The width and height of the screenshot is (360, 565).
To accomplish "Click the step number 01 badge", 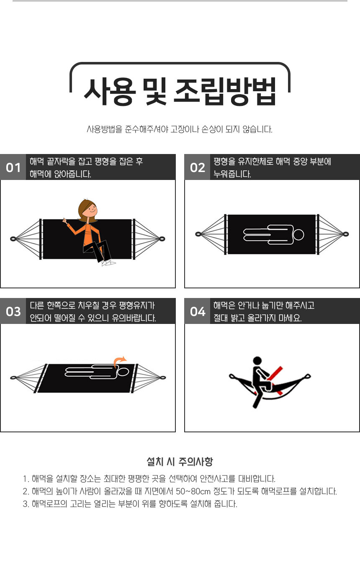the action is tap(13, 167).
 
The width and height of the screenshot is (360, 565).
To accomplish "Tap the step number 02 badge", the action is tap(197, 167).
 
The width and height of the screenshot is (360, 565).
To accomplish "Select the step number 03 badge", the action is tap(13, 311).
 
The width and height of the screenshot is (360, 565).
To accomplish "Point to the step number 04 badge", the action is tap(197, 311).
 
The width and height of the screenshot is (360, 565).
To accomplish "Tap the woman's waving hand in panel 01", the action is tap(65, 221).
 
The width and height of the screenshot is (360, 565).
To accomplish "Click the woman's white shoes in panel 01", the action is tap(108, 263).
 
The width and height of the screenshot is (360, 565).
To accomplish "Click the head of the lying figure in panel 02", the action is tap(298, 234).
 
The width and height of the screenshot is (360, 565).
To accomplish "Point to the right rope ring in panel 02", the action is tap(345, 234).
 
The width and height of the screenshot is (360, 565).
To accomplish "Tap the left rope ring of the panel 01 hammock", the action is tap(13, 239).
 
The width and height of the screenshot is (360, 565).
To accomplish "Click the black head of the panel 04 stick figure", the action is tap(257, 360).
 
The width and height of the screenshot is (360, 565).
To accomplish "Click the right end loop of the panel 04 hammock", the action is tap(308, 377).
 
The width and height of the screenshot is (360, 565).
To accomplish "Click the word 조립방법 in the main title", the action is tap(225, 91).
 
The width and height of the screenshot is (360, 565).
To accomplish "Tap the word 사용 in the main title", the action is tap(109, 91).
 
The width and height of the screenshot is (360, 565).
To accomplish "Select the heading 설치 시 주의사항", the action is tap(180, 462).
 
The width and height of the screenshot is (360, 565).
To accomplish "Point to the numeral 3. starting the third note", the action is tap(26, 504).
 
